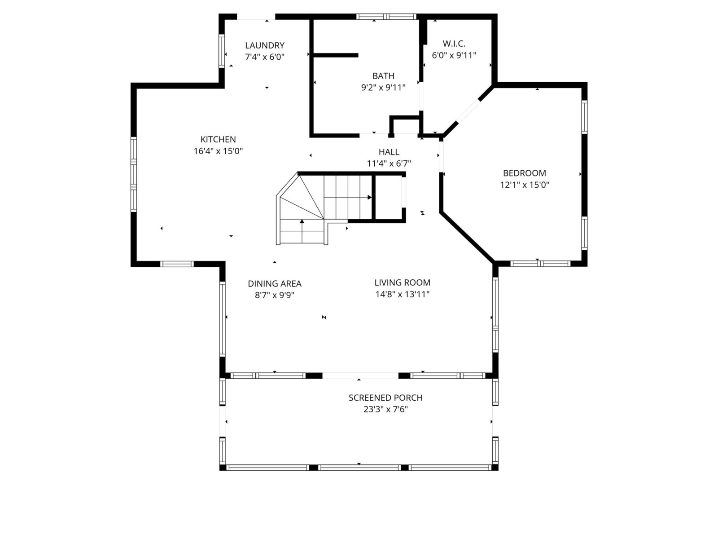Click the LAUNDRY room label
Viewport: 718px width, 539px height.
point(265,45)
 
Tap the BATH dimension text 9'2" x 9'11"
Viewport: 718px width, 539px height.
point(383,88)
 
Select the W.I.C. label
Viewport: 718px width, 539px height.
point(454,44)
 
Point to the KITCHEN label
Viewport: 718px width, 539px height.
point(218,139)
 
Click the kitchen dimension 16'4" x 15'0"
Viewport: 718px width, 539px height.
point(218,151)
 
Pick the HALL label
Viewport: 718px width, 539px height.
point(389,152)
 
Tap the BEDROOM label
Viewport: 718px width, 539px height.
point(524,173)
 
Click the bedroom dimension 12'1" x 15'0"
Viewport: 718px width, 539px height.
point(524,185)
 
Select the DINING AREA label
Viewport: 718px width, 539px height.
point(275,283)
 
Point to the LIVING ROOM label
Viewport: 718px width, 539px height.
point(403,283)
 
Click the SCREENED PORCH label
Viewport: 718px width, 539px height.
point(385,398)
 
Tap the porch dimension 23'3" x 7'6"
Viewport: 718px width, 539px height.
point(385,409)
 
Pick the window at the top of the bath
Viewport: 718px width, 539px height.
point(386,17)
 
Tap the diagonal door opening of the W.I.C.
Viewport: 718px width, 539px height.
point(468,111)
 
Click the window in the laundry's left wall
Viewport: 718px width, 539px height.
point(221,51)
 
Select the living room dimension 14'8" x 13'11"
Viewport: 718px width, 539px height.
point(403,294)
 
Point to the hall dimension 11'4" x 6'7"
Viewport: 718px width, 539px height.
point(389,163)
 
